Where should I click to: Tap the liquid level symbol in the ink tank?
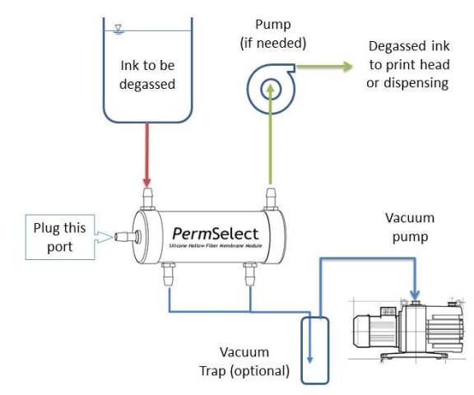coord(119,28)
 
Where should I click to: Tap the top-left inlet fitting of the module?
coord(149,197)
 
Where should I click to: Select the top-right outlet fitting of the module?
coord(268,197)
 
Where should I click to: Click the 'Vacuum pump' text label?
coord(409,228)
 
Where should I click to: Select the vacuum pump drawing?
coord(407,329)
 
